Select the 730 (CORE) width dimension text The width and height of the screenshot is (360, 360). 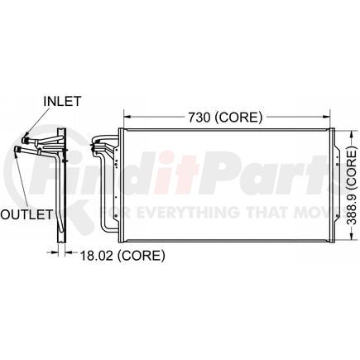tap(225, 117)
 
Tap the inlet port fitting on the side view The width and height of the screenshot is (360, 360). tap(29, 136)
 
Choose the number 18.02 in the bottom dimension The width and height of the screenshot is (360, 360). tap(93, 256)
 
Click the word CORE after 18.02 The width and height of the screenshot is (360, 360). tap(138, 256)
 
